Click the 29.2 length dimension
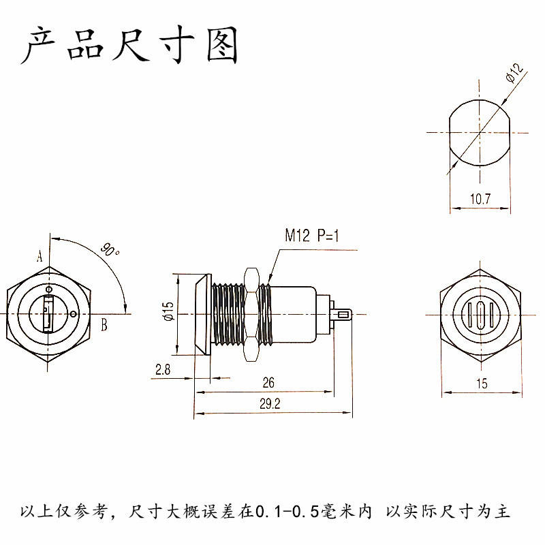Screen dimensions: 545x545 [270, 404]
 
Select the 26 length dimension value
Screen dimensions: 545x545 [268, 383]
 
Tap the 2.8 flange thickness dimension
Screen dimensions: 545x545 [163, 369]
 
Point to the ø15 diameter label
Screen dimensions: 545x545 [168, 311]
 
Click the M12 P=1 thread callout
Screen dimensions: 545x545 [312, 235]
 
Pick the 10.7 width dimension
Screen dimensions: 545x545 [480, 199]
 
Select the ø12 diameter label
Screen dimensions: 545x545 [515, 73]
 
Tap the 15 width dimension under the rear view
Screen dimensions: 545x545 [482, 384]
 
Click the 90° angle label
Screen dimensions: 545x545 [110, 250]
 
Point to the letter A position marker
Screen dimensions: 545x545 [40, 257]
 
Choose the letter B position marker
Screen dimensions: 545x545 [104, 325]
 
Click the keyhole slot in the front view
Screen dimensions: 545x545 [48, 314]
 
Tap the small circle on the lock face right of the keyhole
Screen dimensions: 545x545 [74, 314]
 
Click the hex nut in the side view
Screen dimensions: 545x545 [251, 315]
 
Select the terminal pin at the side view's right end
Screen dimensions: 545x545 [342, 315]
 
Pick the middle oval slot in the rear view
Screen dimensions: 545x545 [481, 315]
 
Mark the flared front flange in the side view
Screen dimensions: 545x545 [203, 315]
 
